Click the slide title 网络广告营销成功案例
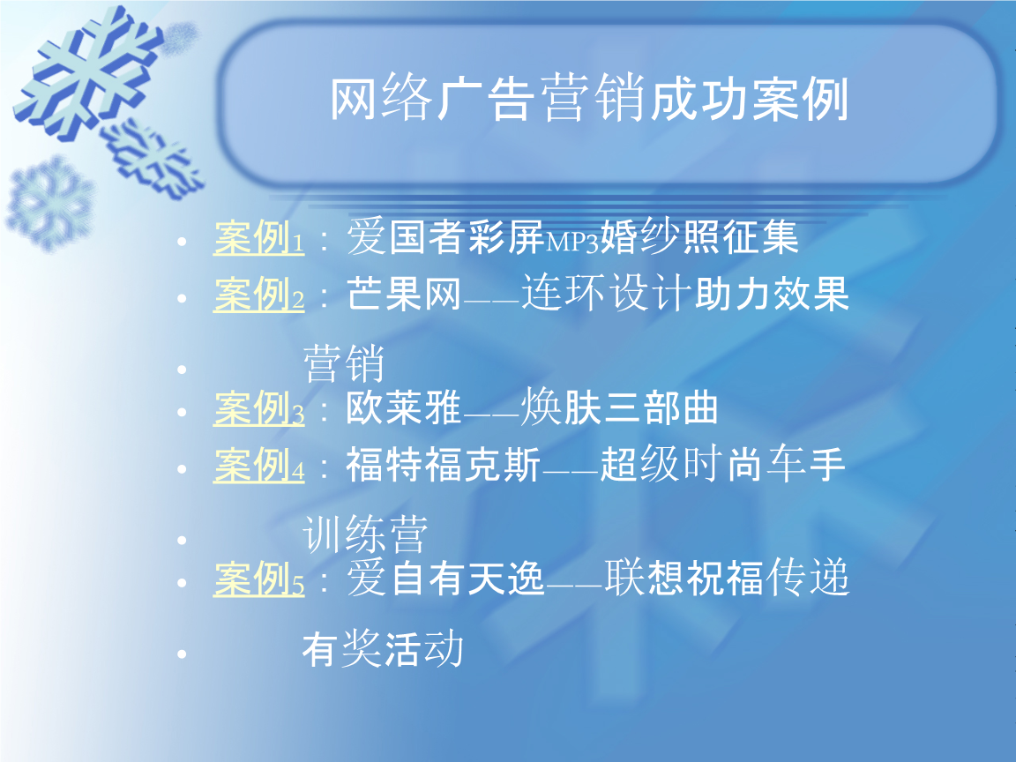click(x=588, y=100)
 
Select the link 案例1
click(x=258, y=238)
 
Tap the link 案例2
click(x=258, y=295)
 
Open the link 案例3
click(x=258, y=409)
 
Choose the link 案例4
click(x=258, y=466)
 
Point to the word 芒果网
click(x=404, y=295)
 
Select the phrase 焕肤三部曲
click(x=620, y=409)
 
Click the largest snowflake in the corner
click(x=88, y=71)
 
